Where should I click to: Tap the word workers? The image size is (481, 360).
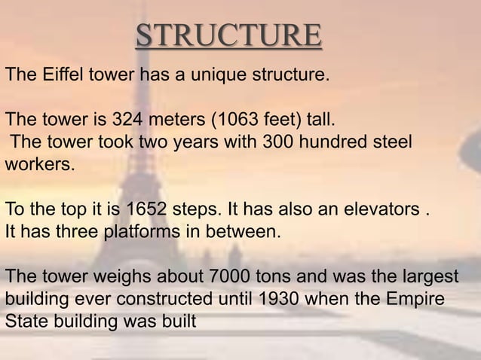coord(39,163)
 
